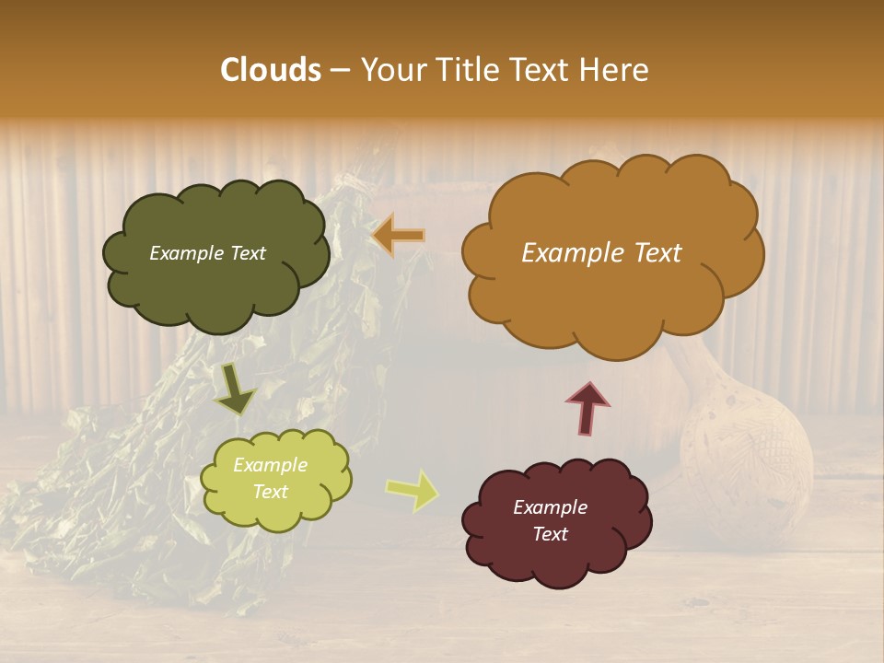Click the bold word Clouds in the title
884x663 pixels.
pos(271,70)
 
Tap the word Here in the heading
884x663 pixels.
pos(615,70)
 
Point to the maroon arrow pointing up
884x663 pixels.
pos(587,407)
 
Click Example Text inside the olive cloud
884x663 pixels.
pos(207,253)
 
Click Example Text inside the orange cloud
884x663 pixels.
pos(601,253)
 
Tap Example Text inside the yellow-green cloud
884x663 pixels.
pos(270,478)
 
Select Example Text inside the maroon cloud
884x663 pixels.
pos(550,520)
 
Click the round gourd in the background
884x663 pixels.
pos(746,451)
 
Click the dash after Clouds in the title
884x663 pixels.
pos(340,70)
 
